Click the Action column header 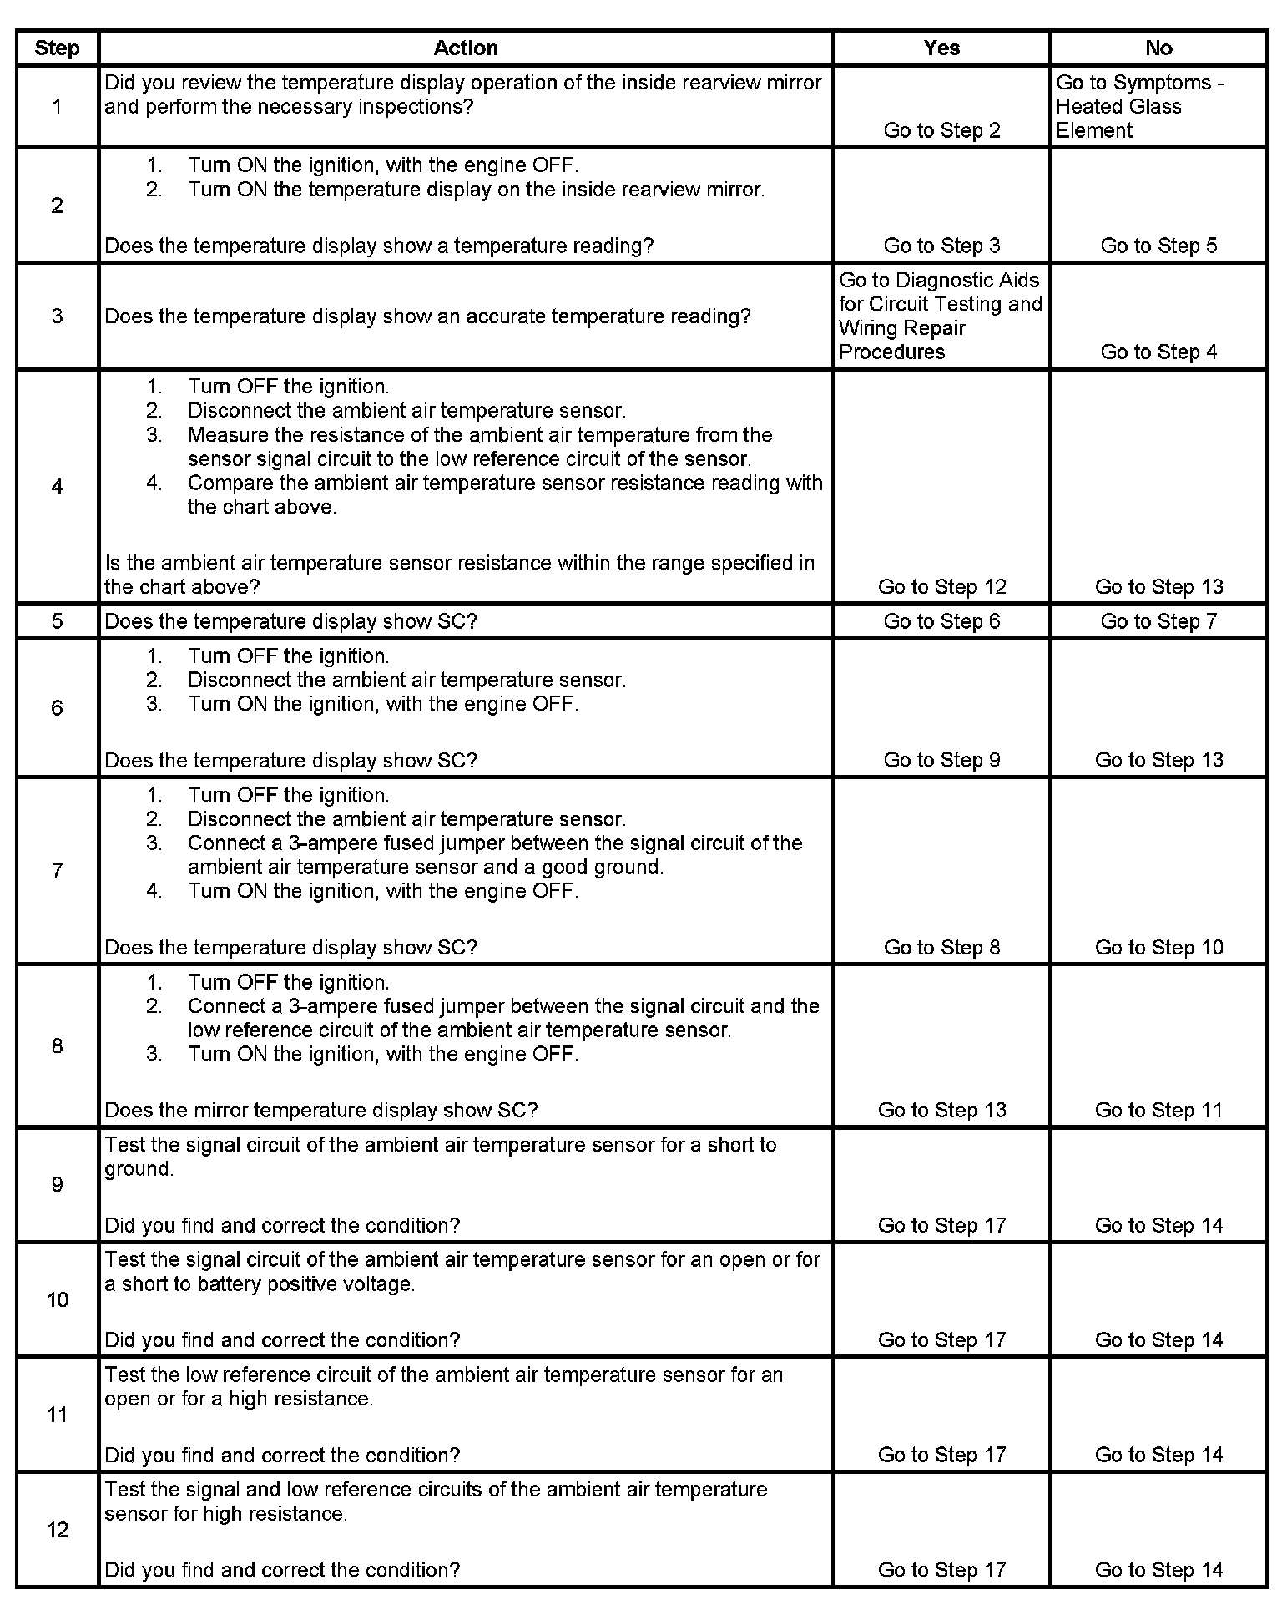coord(465,48)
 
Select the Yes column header coord(941,48)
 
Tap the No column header coord(1158,48)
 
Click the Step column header coord(57,48)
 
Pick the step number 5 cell coord(57,621)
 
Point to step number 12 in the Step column coord(57,1529)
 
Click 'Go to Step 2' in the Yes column coord(941,130)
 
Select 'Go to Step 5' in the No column coord(1158,246)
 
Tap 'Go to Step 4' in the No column coord(1158,352)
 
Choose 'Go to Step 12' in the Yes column coord(941,587)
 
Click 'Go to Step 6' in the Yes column coord(941,621)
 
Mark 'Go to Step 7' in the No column coord(1158,621)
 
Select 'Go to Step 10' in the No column coord(1158,947)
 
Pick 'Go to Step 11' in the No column coord(1158,1110)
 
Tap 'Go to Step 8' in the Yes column coord(941,947)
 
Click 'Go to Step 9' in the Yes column coord(941,760)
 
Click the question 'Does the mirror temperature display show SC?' coord(321,1110)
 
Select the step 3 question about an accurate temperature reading coord(427,316)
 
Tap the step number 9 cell coord(57,1184)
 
